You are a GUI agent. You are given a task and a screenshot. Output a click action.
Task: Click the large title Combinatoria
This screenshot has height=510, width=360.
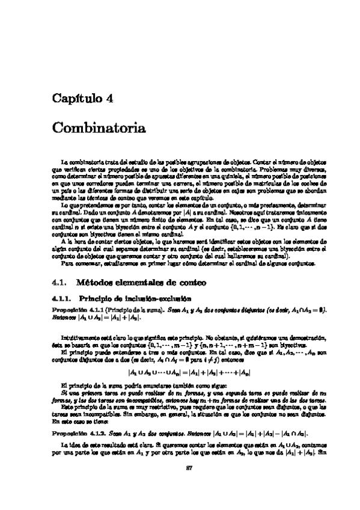click(x=99, y=128)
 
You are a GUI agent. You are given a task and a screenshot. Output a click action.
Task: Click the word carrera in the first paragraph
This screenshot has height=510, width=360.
click(x=160, y=183)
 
